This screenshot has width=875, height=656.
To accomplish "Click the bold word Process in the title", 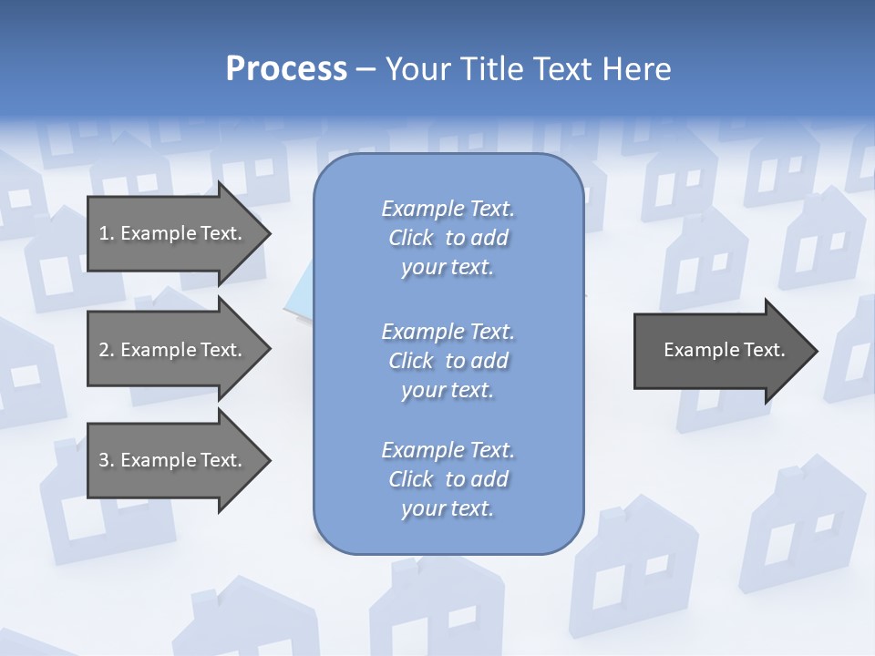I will (286, 69).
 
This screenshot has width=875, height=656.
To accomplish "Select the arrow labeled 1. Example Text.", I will (173, 233).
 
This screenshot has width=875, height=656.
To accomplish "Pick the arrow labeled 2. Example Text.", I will (173, 350).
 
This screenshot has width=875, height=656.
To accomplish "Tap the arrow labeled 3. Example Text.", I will (173, 460).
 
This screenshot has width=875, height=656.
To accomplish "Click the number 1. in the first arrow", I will (106, 233).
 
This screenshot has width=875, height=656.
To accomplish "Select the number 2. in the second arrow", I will (106, 350).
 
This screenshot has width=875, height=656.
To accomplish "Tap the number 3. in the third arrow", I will (106, 460).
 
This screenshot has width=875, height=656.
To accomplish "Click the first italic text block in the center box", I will (448, 238).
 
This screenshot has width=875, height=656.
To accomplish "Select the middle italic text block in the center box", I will (448, 361).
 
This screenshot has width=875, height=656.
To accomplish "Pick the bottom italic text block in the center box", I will (448, 479).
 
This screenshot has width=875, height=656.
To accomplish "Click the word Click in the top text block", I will (411, 238).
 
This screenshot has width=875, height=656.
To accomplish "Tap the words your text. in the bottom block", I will (448, 508).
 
